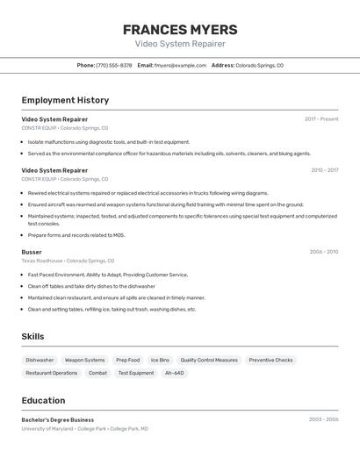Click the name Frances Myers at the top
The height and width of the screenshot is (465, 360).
180,29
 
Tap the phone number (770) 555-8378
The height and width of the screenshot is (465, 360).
114,65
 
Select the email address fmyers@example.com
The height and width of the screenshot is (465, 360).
180,65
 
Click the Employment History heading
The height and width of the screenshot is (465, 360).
65,100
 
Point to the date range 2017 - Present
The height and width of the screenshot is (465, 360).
321,119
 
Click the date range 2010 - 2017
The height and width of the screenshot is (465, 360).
324,170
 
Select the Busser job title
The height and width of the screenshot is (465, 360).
32,252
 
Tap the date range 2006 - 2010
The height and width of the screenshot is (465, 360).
323,252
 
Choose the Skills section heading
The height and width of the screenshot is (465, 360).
32,336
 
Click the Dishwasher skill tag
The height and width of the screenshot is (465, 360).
40,360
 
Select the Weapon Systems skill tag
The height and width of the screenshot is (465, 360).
84,360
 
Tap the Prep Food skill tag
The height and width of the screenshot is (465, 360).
127,360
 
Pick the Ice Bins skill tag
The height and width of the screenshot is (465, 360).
160,360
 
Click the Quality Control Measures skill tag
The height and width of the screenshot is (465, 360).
209,360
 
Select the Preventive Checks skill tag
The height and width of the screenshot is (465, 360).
270,360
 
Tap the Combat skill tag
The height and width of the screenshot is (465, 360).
97,373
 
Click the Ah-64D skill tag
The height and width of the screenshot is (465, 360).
175,373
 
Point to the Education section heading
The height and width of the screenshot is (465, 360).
43,400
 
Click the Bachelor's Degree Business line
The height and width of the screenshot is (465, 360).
58,420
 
